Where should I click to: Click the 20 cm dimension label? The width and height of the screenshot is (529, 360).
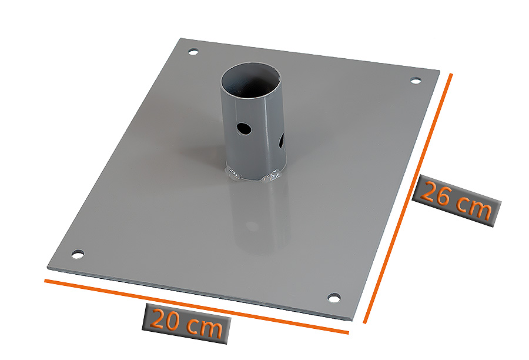tap(186, 324)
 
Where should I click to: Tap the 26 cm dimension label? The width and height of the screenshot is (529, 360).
tap(456, 201)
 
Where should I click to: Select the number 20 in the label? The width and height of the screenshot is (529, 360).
tap(165, 319)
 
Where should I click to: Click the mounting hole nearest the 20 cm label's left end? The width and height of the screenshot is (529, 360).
tap(78, 254)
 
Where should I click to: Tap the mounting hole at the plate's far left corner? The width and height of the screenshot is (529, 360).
tap(193, 52)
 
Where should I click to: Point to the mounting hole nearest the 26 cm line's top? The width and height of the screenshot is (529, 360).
tap(416, 81)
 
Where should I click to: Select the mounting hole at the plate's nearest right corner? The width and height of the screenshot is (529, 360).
tap(334, 298)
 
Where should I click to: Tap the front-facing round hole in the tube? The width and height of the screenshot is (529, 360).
tap(244, 128)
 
